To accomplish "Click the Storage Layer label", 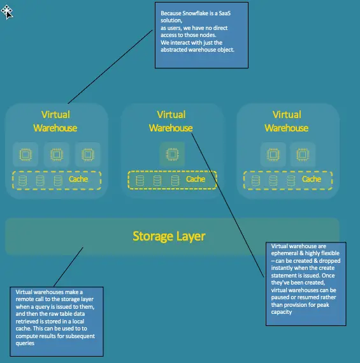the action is click(x=169, y=237).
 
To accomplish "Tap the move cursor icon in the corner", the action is click(x=7, y=12).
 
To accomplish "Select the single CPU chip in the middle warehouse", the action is click(x=172, y=154).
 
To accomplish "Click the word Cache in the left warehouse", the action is click(x=78, y=179).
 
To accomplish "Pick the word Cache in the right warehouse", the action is click(x=312, y=179).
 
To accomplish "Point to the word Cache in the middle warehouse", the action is click(x=196, y=179).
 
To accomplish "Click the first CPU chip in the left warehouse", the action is click(x=25, y=154).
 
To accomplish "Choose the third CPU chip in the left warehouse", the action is click(x=88, y=154).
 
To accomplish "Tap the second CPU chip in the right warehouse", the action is click(x=303, y=154).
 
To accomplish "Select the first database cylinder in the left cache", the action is click(x=22, y=181).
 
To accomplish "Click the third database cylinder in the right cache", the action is click(x=291, y=181).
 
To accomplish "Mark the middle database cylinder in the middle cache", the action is click(x=157, y=181).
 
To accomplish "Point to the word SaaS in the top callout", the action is click(x=224, y=13).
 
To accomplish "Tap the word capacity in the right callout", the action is click(x=282, y=312).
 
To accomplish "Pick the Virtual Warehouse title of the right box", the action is click(x=287, y=121).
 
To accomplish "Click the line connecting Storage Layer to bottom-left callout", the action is click(x=68, y=267).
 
